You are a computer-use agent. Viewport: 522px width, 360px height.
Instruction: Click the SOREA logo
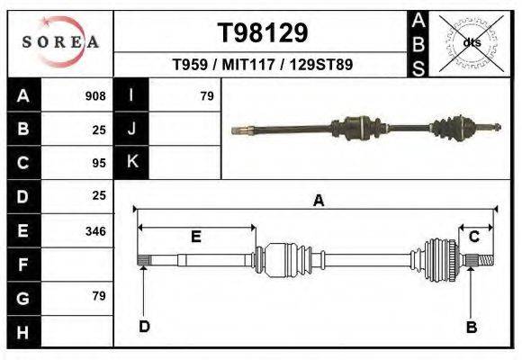[x=60, y=41]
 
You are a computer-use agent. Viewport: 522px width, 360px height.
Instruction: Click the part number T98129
[x=263, y=33]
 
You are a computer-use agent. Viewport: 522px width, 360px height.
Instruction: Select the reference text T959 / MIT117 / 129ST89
[x=262, y=65]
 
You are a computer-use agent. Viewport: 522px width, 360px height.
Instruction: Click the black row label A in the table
[x=23, y=95]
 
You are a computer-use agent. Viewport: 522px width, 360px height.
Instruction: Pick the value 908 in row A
[x=95, y=95]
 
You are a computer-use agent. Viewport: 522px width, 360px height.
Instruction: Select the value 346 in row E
[x=95, y=231]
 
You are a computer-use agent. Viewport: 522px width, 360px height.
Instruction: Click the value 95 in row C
[x=99, y=164]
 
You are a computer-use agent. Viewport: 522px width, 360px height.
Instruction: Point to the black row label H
[x=23, y=332]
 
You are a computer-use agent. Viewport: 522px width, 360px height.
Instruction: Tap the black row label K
[x=132, y=161]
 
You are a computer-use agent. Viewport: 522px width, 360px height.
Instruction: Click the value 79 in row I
[x=207, y=95]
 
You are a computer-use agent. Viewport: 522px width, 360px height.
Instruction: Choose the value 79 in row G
[x=99, y=296]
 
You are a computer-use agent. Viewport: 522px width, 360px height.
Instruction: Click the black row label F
[x=23, y=265]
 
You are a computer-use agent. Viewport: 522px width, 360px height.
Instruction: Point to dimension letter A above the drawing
[x=318, y=202]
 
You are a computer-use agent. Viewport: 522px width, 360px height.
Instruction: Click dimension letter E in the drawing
[x=195, y=237]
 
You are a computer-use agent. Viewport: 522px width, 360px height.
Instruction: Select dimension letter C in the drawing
[x=473, y=236]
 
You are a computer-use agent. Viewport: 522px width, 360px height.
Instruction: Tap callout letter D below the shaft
[x=144, y=326]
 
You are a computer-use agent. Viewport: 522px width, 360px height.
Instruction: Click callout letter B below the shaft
[x=471, y=327]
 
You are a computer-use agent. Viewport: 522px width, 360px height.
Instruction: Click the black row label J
[x=132, y=129]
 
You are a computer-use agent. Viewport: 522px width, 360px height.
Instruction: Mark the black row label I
[x=132, y=95]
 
